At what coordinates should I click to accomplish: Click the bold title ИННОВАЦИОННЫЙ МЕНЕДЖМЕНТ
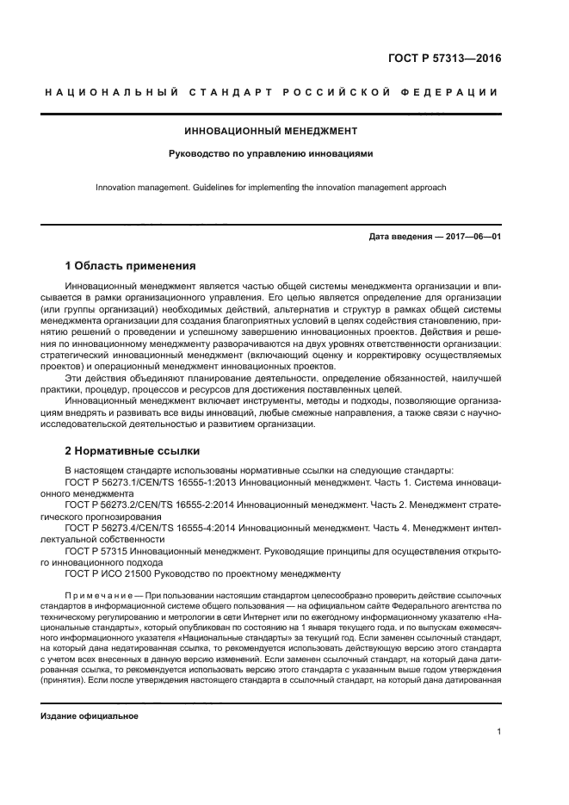coord(271,132)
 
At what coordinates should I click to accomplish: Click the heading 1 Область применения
coord(131,265)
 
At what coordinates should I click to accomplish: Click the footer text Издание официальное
coord(90,716)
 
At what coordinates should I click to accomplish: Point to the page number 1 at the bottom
coord(498,732)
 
